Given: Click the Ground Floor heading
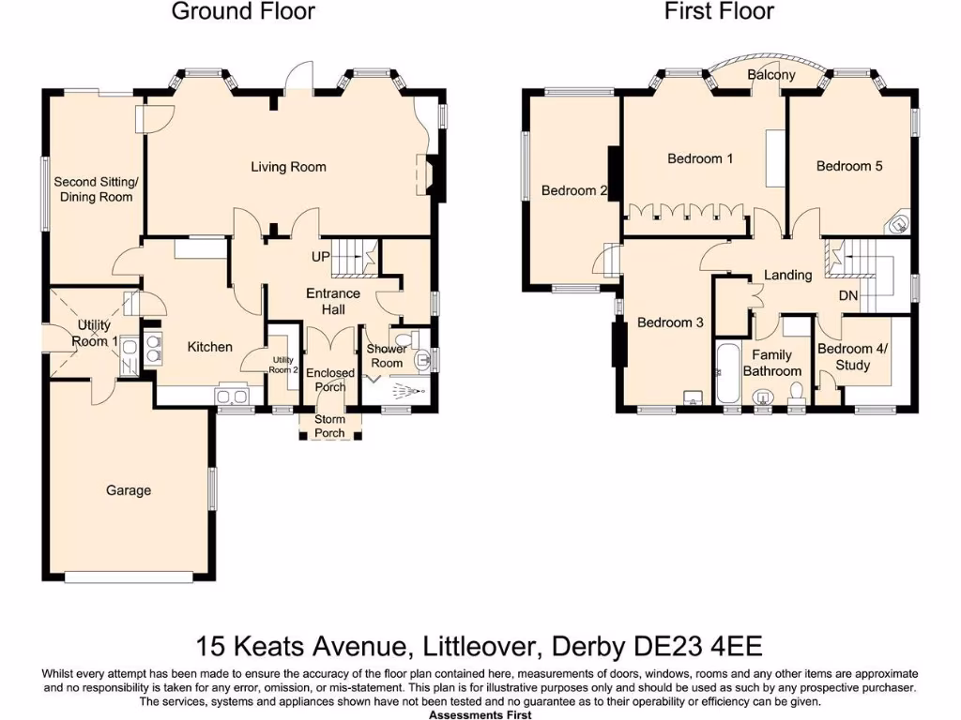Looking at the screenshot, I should (243, 12).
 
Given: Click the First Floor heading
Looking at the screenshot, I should (719, 12).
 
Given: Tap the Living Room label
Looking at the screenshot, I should (288, 167).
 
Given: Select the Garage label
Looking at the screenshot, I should (129, 490).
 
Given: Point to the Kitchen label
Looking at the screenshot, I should (209, 347).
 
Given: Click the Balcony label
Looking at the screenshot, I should (770, 75).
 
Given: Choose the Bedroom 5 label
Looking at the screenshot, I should (848, 166).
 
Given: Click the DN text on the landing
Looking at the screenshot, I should (848, 294).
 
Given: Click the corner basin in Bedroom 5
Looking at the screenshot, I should (899, 224).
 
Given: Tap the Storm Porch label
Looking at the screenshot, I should (329, 426).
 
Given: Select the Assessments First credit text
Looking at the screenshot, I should (480, 714).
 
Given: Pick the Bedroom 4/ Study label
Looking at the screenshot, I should (851, 357).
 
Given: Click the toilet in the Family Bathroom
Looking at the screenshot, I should (797, 400).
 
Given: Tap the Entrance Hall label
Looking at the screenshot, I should (333, 301).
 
